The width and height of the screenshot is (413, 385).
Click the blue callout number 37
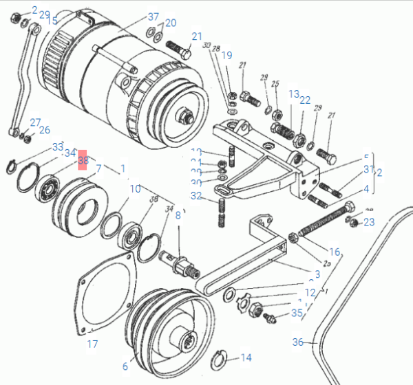(x=153, y=16)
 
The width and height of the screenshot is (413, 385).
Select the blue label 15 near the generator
(x=53, y=21)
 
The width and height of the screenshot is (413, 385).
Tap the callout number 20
(x=170, y=23)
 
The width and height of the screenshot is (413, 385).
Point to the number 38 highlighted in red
(x=83, y=161)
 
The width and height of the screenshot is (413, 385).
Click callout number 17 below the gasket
(x=93, y=344)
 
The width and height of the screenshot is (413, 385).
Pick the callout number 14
(x=246, y=357)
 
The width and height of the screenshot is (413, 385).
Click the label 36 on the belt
(x=297, y=342)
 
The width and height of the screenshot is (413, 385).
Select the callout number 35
(x=297, y=313)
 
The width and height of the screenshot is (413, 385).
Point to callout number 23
(x=369, y=221)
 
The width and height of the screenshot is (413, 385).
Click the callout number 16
(x=335, y=252)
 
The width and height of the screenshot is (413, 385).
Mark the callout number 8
(x=178, y=215)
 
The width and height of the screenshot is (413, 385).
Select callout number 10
(x=135, y=188)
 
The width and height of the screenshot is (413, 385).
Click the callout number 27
(x=34, y=122)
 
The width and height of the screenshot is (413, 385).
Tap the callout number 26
(x=44, y=129)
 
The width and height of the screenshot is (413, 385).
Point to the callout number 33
(x=58, y=148)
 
